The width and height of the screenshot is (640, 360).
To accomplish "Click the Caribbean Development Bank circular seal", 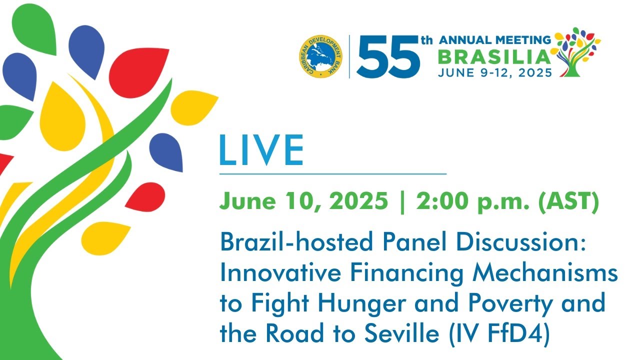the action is pos(320,56).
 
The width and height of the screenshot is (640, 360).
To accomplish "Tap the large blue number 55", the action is pos(388,57).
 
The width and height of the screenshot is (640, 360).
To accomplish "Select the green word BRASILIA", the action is pos(494,57).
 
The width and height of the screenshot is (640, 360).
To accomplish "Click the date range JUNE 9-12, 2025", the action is pos(495,73).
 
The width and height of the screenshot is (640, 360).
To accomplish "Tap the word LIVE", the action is pos(261,150).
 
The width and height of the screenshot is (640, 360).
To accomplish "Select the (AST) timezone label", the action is pos(568,201).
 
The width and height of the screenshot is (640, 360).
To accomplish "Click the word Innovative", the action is pos(280,272).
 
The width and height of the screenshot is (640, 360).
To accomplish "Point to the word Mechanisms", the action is pos(545,272).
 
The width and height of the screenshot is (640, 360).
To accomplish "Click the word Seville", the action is pos(401,333).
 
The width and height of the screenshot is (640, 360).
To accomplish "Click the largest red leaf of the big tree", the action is pos(138,72).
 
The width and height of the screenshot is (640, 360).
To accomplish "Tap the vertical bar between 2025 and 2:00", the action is pos(402,202).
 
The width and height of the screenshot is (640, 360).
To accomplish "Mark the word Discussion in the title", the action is pos(521,241).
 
